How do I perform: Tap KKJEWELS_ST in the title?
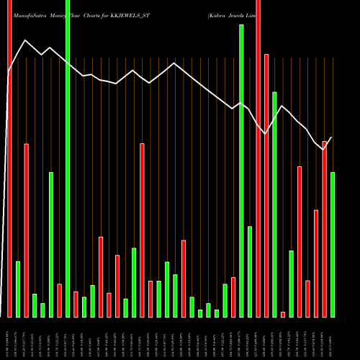tap(137, 14)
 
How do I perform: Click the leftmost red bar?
tap(9, 158)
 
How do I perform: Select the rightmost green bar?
tap(333, 245)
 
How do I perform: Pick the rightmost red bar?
tap(324, 229)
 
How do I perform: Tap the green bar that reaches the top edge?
tap(68, 158)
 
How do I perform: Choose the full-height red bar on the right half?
tap(258, 158)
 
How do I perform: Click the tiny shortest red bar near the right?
tap(283, 314)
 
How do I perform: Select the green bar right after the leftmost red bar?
tap(18, 289)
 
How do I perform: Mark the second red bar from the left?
tap(27, 230)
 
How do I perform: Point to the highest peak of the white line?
tap(25, 40)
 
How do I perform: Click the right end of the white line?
tap(332, 138)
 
